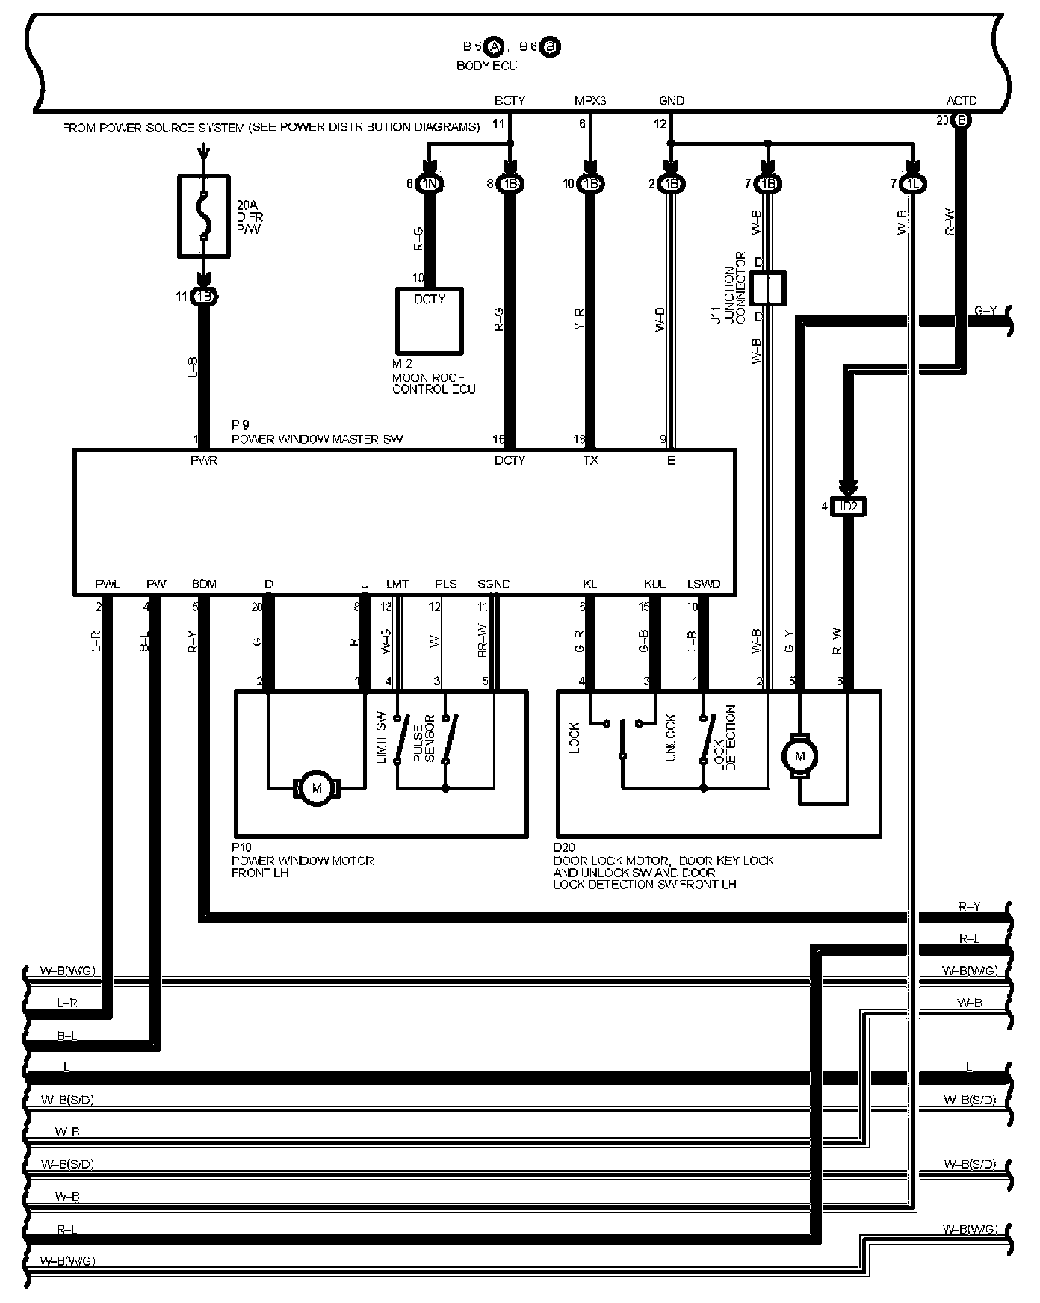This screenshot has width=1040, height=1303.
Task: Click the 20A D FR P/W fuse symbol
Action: click(202, 216)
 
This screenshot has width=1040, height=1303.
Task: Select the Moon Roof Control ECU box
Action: click(429, 321)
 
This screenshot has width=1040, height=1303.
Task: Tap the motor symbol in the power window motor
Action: click(317, 788)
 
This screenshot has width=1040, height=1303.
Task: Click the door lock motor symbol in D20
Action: click(800, 756)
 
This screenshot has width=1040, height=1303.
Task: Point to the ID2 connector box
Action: click(849, 507)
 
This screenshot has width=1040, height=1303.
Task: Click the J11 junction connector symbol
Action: click(767, 288)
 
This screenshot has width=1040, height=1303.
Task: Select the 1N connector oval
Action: click(430, 184)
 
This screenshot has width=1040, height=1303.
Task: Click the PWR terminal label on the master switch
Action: click(204, 461)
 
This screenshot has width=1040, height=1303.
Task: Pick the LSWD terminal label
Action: click(704, 584)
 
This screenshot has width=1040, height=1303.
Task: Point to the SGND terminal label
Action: click(494, 584)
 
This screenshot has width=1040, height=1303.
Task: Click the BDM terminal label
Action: click(204, 584)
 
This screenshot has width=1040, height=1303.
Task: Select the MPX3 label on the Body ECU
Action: click(590, 101)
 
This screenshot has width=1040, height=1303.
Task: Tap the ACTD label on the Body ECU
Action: click(961, 101)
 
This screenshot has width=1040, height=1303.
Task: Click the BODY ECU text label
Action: click(486, 66)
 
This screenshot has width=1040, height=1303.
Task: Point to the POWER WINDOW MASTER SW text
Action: click(317, 439)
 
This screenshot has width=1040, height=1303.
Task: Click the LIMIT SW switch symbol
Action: click(401, 740)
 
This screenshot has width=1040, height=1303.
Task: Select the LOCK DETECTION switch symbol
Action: click(704, 740)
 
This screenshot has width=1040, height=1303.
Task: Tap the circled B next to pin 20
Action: click(962, 120)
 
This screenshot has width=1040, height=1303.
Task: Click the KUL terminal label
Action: click(654, 584)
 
